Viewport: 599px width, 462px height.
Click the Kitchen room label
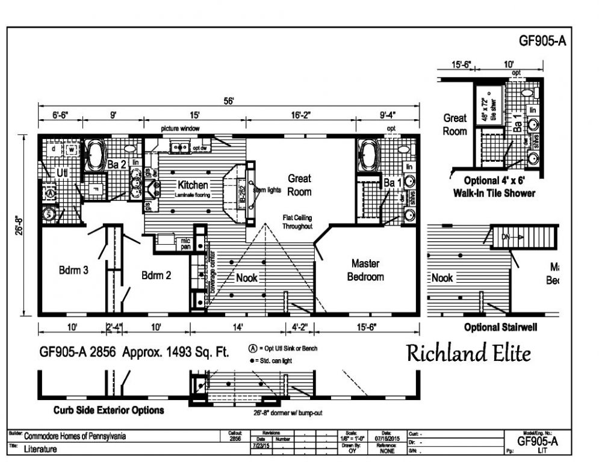coord(193,185)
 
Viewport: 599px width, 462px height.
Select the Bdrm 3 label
coord(74,270)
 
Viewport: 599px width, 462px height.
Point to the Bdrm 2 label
coord(157,276)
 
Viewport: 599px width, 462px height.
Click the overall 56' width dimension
coord(229,102)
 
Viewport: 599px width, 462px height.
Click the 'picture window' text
coord(180,129)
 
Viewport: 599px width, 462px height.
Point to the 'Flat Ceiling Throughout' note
coord(298,221)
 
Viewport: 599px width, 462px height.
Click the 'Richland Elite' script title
coord(468,353)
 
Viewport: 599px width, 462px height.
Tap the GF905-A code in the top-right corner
coord(542,42)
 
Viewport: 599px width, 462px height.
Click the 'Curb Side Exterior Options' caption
coord(108,410)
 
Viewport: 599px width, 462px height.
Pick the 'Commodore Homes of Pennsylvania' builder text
coord(75,437)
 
